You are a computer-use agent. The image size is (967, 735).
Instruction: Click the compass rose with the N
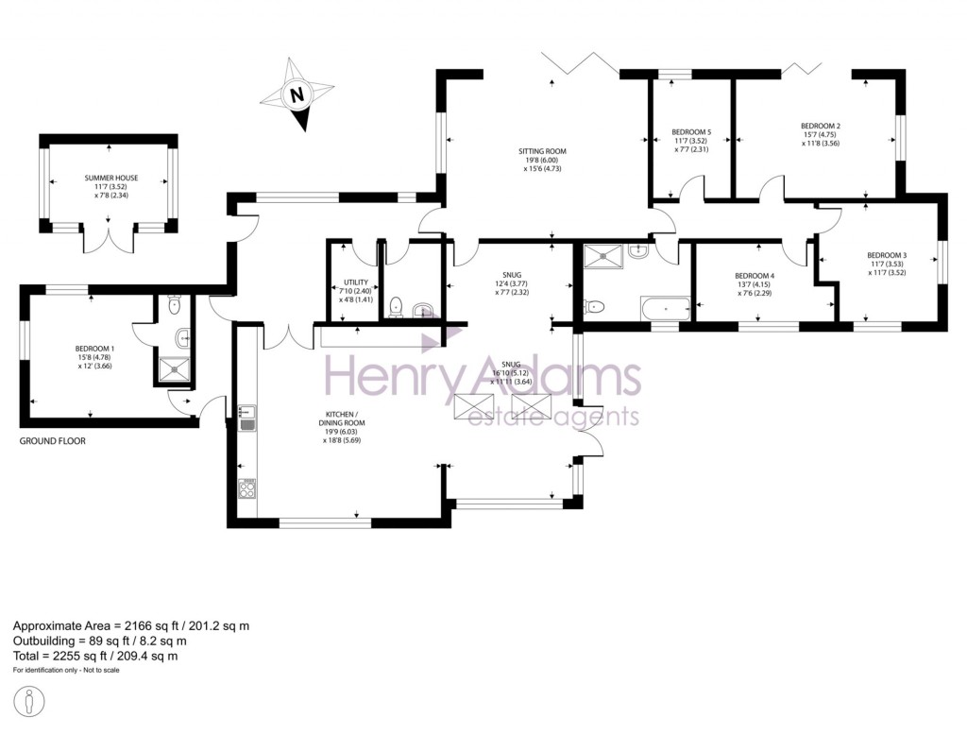coord(299,94)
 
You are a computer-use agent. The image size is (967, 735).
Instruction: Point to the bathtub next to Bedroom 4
coord(666,307)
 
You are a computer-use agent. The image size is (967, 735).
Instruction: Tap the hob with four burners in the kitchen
coord(249,491)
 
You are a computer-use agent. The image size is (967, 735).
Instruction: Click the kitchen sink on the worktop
coord(247,417)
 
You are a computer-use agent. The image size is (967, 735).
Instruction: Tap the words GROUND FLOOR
coord(52,441)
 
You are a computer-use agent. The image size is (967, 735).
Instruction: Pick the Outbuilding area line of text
coord(109,641)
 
